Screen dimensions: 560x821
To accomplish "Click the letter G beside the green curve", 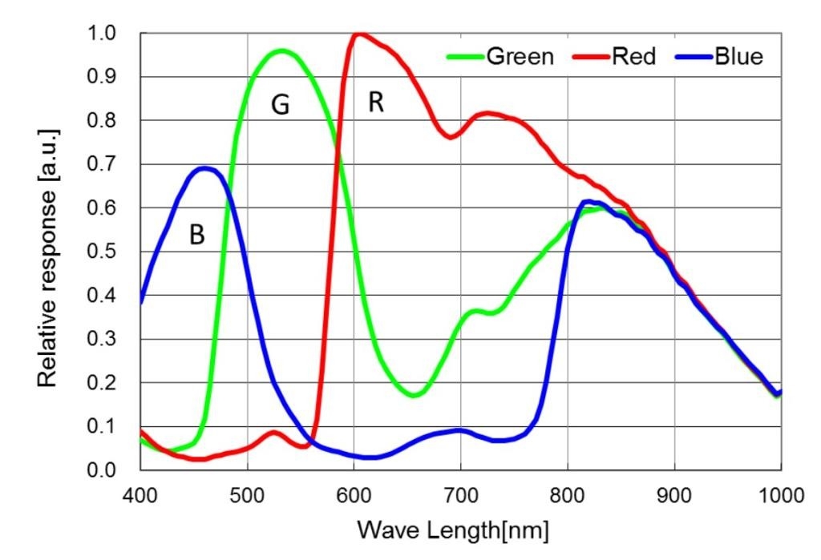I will click(280, 106).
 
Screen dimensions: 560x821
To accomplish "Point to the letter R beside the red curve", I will click(376, 103).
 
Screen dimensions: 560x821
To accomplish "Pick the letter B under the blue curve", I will click(196, 234).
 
